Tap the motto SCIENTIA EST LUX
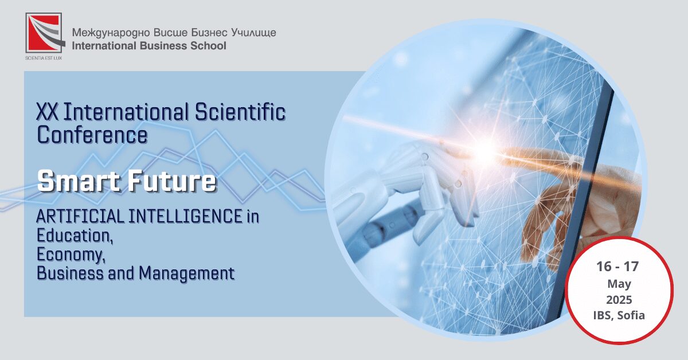coord(44,58)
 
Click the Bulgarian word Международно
coord(111,33)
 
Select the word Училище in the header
coord(253,33)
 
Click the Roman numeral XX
coord(47,112)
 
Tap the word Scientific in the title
coord(240,112)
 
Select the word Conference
coord(92,135)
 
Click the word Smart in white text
coord(79,181)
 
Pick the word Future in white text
coord(172,181)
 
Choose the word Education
coord(75,236)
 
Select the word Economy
coord(71,255)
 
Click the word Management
coord(187,273)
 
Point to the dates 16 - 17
coord(617,267)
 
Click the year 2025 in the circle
coord(619,300)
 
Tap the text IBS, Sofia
coord(619,316)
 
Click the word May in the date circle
coord(619,284)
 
